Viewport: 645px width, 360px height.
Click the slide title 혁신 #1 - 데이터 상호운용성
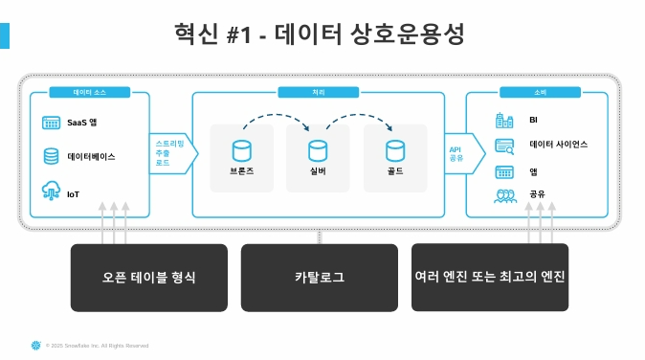(x=322, y=35)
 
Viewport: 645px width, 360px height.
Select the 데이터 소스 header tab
(x=88, y=93)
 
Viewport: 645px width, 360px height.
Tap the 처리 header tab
(x=318, y=93)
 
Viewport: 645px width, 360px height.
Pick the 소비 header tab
(x=536, y=93)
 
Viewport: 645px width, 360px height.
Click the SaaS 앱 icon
(x=52, y=123)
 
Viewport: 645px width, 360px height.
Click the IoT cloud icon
(x=52, y=191)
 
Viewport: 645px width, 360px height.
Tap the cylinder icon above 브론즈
(x=241, y=150)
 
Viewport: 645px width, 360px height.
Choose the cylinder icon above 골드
(x=395, y=150)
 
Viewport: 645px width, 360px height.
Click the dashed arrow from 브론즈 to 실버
(x=275, y=122)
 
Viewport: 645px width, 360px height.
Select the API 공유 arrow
(x=456, y=154)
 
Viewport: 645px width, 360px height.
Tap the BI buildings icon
(x=504, y=121)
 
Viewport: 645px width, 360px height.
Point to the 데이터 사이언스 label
(x=558, y=145)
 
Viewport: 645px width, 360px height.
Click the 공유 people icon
(x=504, y=195)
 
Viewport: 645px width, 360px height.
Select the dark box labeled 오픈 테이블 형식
(x=148, y=278)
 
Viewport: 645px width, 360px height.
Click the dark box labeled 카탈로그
(x=319, y=278)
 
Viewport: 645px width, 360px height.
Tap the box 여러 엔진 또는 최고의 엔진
(x=490, y=277)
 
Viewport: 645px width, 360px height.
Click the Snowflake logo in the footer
(x=36, y=345)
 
